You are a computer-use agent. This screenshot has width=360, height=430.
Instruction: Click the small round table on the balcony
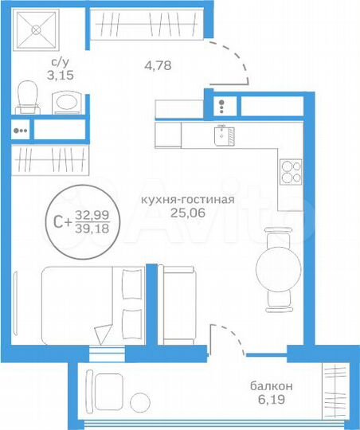[x=142, y=402]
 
